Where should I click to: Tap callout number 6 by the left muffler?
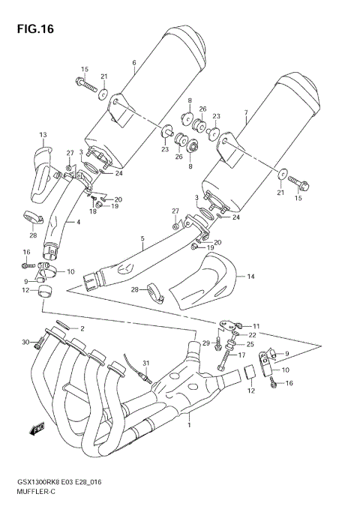(x=133, y=62)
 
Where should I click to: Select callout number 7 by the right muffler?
(x=245, y=115)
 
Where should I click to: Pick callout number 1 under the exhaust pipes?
(x=189, y=425)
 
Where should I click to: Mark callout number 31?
(x=147, y=364)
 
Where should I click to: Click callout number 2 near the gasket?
(x=82, y=328)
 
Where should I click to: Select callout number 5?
(x=141, y=239)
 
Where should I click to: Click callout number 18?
(x=92, y=212)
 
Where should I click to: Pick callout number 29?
(x=205, y=343)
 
